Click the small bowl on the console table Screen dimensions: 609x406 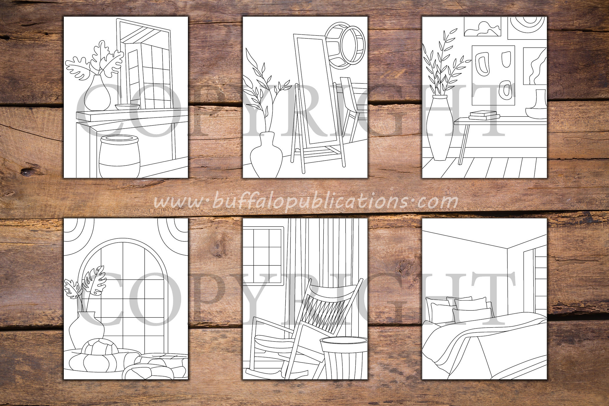[127, 107]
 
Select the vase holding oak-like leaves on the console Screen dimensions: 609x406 [97, 93]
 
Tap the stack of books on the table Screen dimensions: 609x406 [484, 115]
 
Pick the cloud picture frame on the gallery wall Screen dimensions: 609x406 [483, 26]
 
